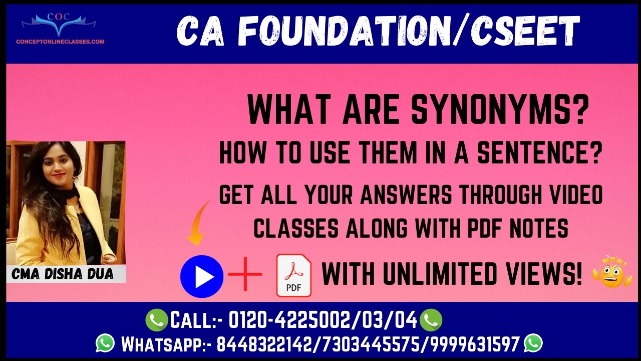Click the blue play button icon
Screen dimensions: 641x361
[x=202, y=276]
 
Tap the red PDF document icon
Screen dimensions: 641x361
[x=293, y=275]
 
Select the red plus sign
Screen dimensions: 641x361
[x=245, y=274]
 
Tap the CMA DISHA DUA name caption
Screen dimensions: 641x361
[x=63, y=274]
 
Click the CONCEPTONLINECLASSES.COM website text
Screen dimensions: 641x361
[x=61, y=42]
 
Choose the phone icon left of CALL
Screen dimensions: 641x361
[x=157, y=320]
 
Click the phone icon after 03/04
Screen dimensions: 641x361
[x=431, y=320]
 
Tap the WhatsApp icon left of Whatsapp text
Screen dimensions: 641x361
[x=105, y=343]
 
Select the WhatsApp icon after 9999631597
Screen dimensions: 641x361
[x=533, y=343]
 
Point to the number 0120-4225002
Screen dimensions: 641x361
[x=289, y=320]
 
